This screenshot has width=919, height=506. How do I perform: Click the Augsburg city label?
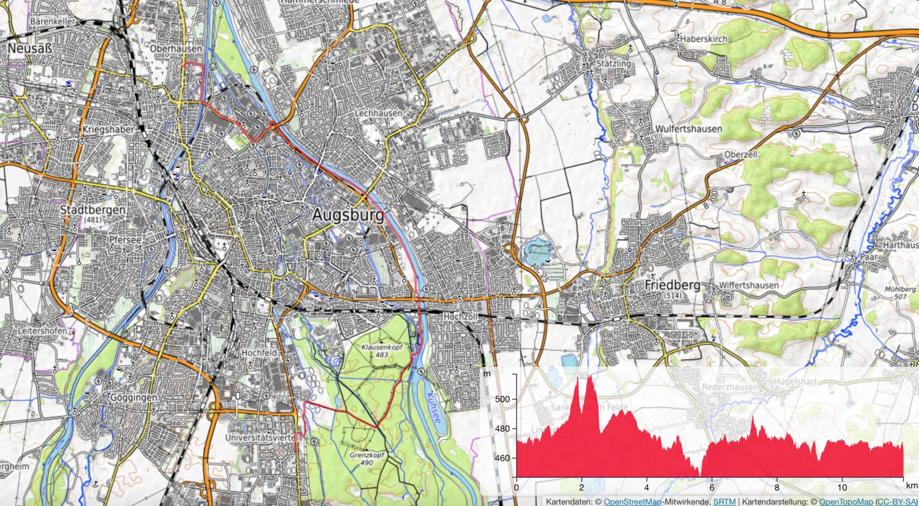point(348,215)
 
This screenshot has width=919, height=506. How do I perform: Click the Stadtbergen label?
point(93,210)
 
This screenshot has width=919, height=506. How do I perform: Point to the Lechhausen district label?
point(379,113)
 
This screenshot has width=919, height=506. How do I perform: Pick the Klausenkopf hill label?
point(382,347)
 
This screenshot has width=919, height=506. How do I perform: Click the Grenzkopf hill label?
point(366,456)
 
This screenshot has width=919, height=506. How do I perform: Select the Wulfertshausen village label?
point(689,129)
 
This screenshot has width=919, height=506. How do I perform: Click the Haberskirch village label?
point(704,39)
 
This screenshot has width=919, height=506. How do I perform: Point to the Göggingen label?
point(133,398)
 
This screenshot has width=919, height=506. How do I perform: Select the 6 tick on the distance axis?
point(712,488)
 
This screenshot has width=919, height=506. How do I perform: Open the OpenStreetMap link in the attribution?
point(632,502)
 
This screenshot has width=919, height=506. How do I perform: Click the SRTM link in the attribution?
point(724,502)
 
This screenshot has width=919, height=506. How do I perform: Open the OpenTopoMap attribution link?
point(845,502)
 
